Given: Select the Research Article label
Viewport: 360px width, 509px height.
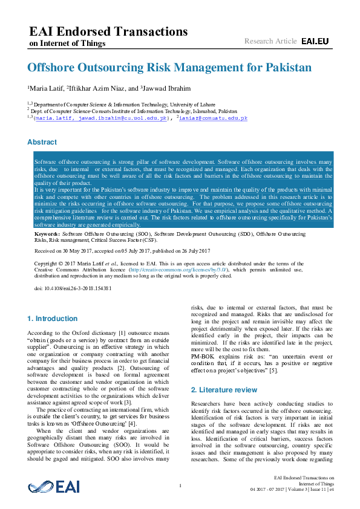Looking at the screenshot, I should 270,41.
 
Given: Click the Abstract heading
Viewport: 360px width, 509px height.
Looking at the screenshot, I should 42,142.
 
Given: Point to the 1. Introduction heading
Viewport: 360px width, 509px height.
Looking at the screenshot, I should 53,319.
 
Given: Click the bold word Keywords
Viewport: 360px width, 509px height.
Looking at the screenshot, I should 47,233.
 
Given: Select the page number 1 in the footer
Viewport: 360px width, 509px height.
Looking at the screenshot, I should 180,486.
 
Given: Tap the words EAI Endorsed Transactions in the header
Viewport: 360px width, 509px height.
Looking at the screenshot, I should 108,32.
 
